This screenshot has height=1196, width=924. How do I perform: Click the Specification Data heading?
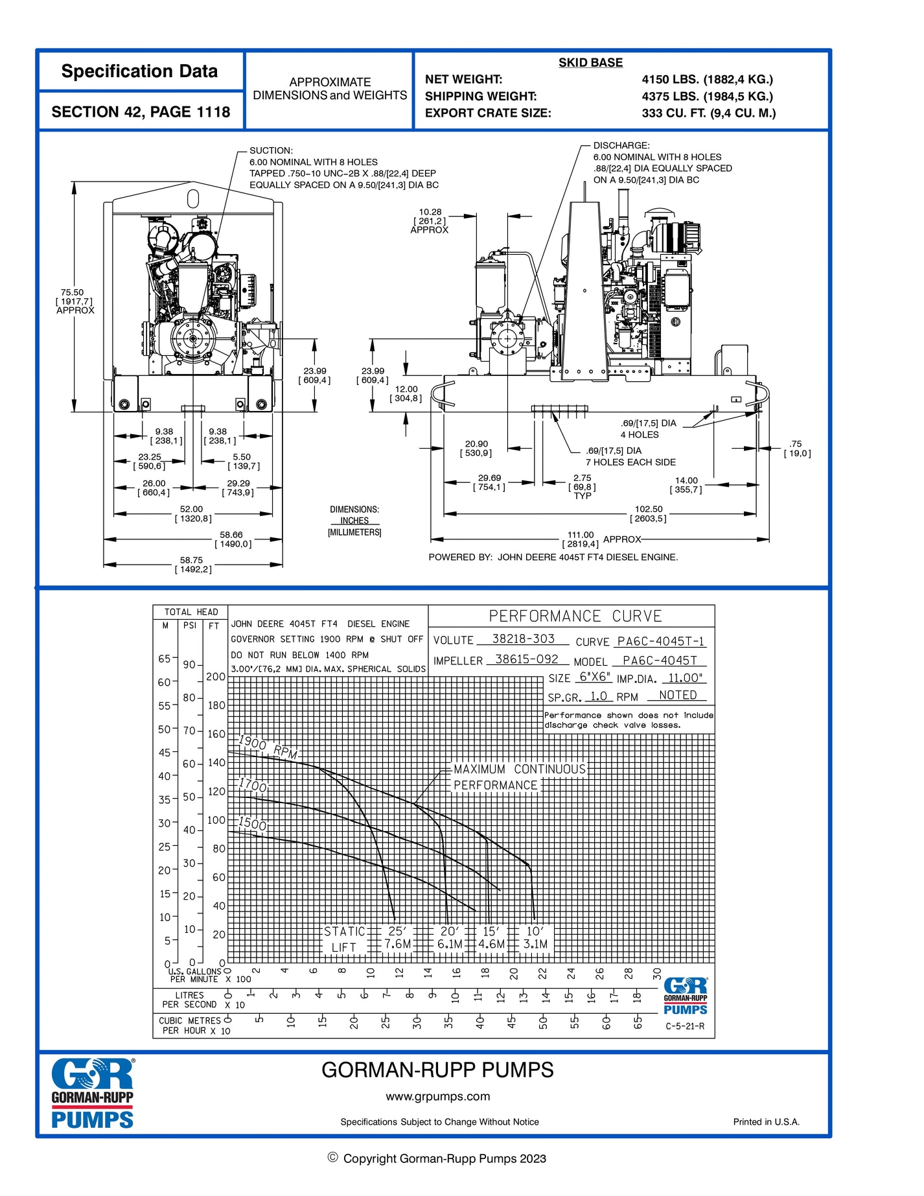coord(139,71)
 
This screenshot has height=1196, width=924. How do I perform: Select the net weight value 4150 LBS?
coord(707,80)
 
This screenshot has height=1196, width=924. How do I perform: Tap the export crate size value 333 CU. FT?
coord(708,113)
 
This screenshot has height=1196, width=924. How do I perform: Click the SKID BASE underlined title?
coord(590,63)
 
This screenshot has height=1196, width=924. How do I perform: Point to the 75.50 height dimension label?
coord(73,293)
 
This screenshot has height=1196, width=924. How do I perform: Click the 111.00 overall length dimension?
coord(581,535)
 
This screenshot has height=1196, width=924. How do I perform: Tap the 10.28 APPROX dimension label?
coord(430,212)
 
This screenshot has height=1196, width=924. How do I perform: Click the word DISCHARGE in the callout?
coord(621,146)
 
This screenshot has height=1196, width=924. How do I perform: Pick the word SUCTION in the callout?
coord(271,150)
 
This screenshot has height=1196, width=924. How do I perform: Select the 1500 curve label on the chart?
coord(252,823)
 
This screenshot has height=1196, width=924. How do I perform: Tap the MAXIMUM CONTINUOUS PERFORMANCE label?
coord(518,777)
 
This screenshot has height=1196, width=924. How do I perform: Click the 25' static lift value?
coord(397,931)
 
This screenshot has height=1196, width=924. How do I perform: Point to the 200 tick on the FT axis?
coord(215,677)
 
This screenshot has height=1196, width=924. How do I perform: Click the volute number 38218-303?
coord(523,639)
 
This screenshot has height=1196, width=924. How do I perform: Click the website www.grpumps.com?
coord(437,1096)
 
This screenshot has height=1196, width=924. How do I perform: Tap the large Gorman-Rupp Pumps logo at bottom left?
coord(92,1094)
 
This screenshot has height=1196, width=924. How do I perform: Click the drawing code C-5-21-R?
coord(684,1026)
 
